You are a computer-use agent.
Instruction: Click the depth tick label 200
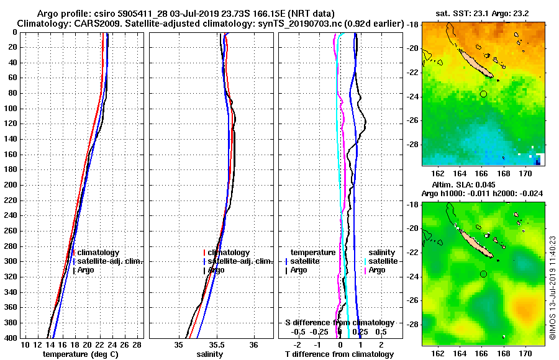[x=12, y=185]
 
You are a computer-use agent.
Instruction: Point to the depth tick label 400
[x=12, y=338]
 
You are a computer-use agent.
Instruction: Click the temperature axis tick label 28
[x=138, y=344]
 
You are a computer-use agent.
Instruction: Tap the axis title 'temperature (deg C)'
[x=80, y=354]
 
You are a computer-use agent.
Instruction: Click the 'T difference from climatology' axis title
[x=339, y=354]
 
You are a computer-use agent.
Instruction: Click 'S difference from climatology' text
[x=339, y=323]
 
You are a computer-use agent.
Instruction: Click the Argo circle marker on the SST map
[x=483, y=94]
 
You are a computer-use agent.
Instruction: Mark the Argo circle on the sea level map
[x=483, y=274]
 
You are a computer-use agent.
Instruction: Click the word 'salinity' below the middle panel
[x=211, y=354]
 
